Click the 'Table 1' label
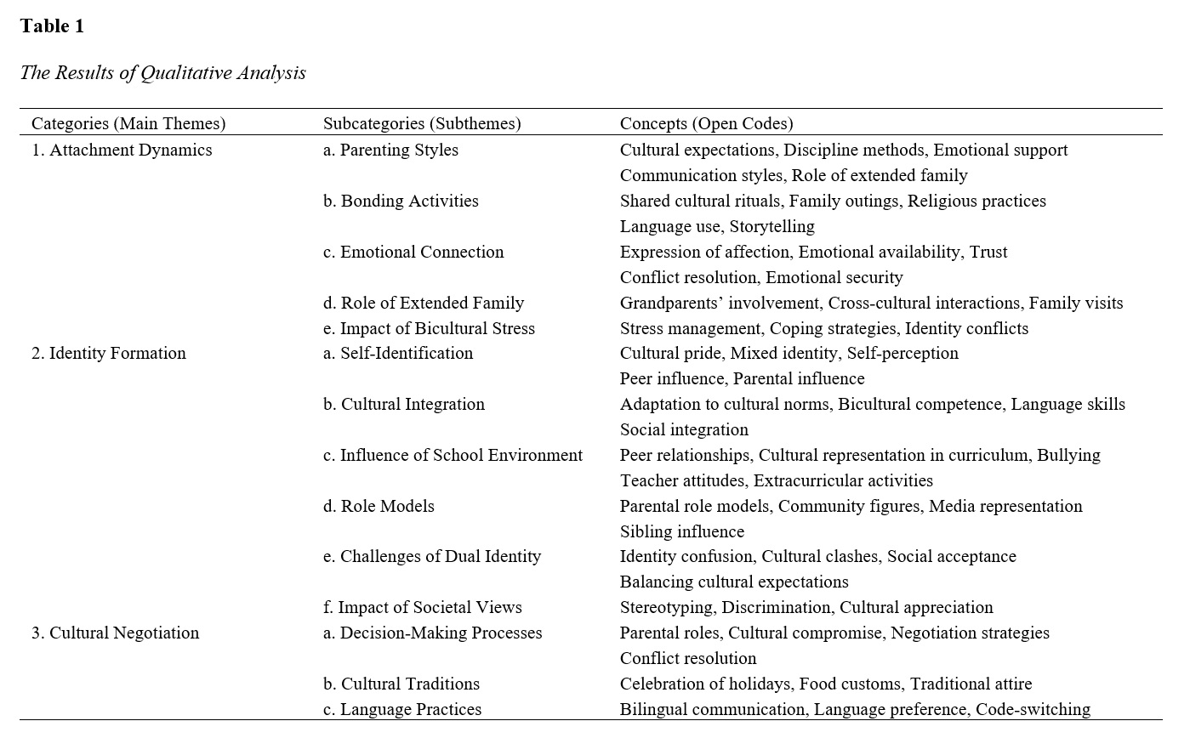tap(52, 26)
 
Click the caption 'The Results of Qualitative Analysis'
tap(162, 73)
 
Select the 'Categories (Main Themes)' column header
tap(128, 123)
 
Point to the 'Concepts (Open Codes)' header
tap(706, 123)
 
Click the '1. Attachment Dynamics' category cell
tap(122, 150)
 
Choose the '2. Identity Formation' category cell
tap(109, 353)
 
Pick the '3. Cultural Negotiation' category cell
tap(116, 633)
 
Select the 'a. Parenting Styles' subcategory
tap(390, 150)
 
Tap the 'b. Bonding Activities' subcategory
tap(401, 201)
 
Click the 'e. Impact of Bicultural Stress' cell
tap(429, 328)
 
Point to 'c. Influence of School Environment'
tap(453, 455)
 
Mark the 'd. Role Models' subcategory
tap(379, 506)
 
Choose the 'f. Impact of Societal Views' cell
tap(422, 607)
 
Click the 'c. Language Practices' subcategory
tap(402, 709)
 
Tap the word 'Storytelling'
tap(772, 226)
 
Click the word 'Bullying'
tap(1068, 455)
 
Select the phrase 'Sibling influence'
tap(682, 531)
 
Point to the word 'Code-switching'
tap(1033, 709)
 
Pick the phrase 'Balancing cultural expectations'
tap(734, 582)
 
